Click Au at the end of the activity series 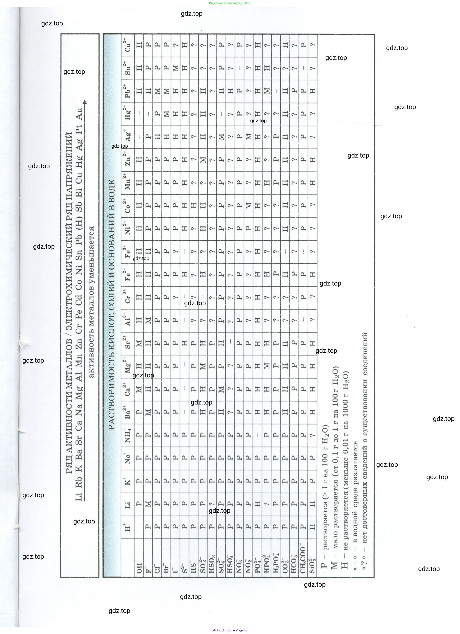coord(79,114)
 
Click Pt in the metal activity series coord(79,129)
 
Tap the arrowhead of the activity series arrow coord(85,102)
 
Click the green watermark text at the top coord(230,3)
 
